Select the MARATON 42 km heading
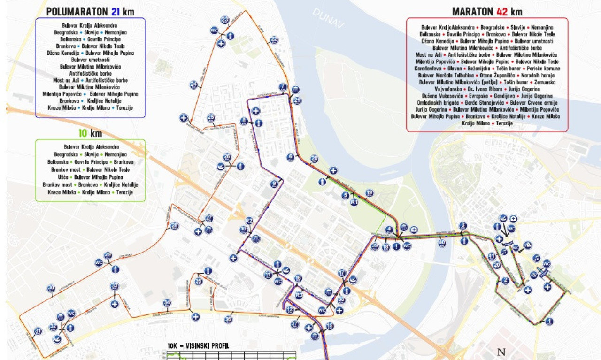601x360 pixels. tap(487, 12)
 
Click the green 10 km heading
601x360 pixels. tap(90, 134)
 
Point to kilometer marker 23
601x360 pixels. tap(225, 20)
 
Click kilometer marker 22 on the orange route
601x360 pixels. tap(274, 40)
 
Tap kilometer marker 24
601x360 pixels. tap(193, 84)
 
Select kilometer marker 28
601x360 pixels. tap(175, 226)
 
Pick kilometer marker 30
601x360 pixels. tap(51, 289)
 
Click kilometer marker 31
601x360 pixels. tap(38, 331)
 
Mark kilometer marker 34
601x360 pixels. tap(166, 303)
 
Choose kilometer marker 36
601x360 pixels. tap(228, 320)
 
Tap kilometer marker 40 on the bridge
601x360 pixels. tap(442, 243)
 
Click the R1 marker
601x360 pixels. tap(354, 202)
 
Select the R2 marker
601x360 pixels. tap(249, 221)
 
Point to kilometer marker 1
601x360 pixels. tap(549, 321)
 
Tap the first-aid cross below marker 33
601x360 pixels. tap(115, 304)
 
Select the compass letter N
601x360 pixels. tap(501, 352)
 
